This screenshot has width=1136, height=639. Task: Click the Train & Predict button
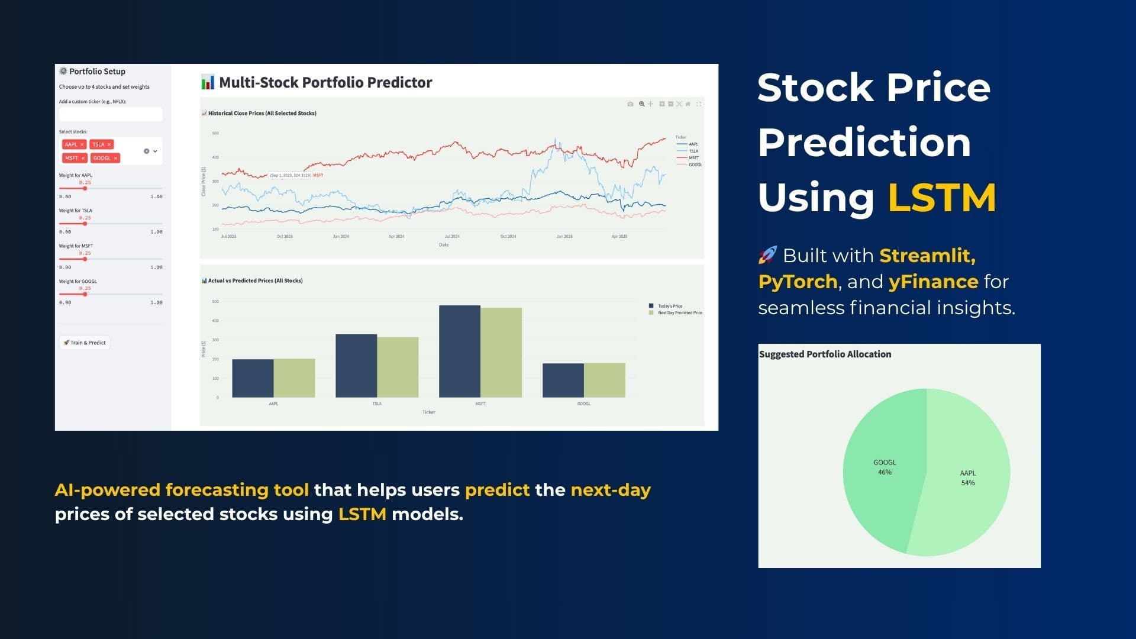(x=85, y=343)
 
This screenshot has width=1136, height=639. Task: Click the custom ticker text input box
(x=111, y=114)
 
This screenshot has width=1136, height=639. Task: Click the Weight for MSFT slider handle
(x=85, y=259)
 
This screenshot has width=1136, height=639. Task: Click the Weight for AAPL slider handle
(x=85, y=188)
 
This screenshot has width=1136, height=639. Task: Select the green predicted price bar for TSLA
(x=398, y=367)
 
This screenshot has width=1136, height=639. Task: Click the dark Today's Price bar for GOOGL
(x=563, y=380)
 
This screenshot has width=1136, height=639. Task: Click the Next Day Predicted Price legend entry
(x=679, y=313)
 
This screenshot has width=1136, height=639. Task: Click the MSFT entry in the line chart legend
(x=693, y=158)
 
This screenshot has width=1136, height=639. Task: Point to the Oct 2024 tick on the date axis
(x=508, y=236)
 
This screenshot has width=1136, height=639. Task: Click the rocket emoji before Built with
(x=767, y=256)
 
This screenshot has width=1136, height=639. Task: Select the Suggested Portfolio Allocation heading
(x=825, y=354)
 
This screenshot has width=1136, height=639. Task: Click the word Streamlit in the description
(x=927, y=256)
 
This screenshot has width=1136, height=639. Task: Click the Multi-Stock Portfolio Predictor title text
(x=325, y=82)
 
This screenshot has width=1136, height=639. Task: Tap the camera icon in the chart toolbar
(x=630, y=104)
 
